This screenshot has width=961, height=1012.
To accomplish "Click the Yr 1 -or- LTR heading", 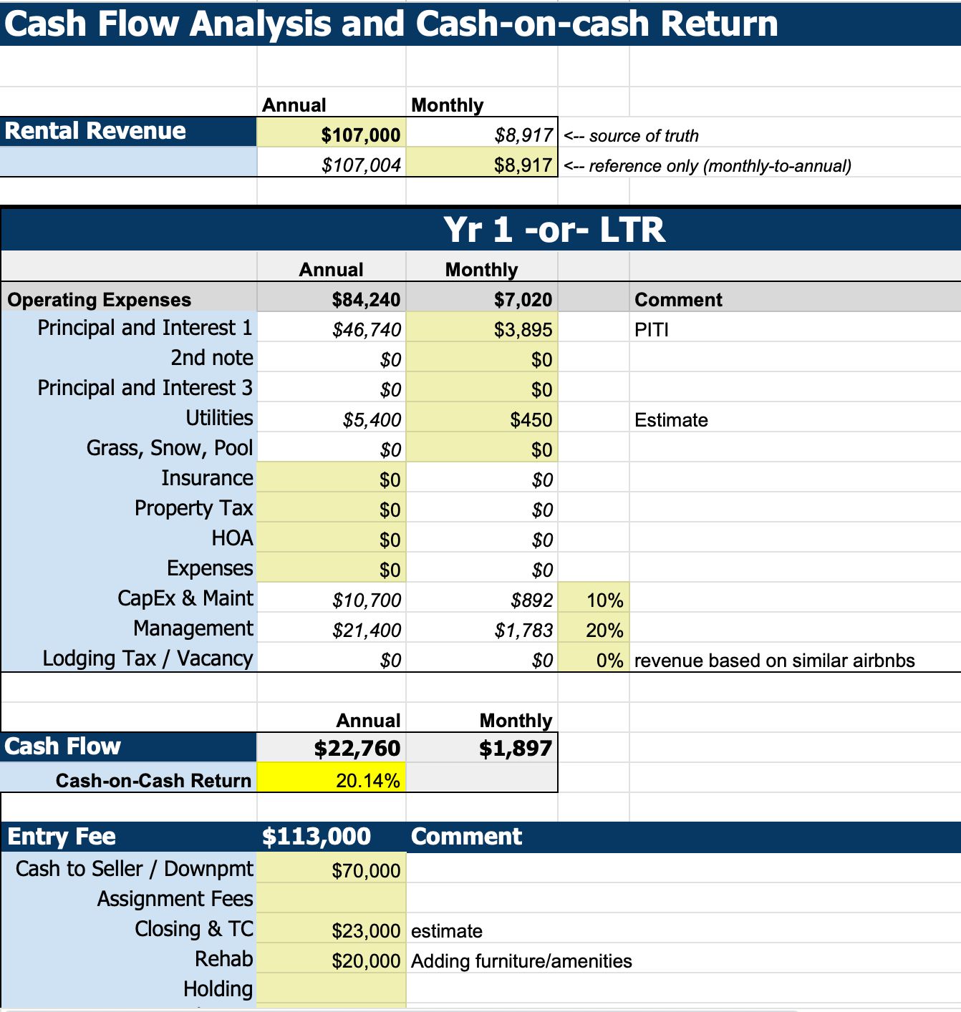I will pyautogui.click(x=554, y=230).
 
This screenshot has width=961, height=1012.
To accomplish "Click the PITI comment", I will pyautogui.click(x=652, y=330).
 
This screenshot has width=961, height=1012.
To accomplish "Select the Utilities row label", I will pyautogui.click(x=219, y=418).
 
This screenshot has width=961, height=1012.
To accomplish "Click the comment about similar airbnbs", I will pyautogui.click(x=774, y=661).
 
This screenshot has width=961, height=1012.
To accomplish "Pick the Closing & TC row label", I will pyautogui.click(x=194, y=929).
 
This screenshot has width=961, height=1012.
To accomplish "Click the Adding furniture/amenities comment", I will pyautogui.click(x=521, y=961).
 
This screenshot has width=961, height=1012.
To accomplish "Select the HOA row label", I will pyautogui.click(x=232, y=538).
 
